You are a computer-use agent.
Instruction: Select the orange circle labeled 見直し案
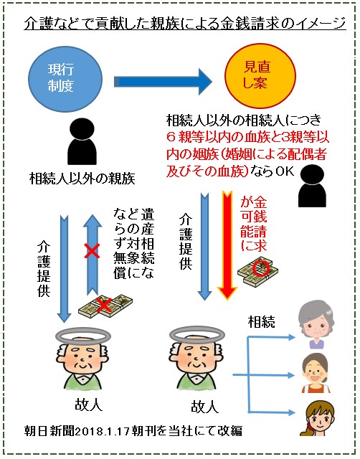pyautogui.click(x=260, y=76)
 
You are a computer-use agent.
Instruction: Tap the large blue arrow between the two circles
pyautogui.click(x=163, y=81)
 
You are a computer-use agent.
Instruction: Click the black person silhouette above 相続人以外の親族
pyautogui.click(x=82, y=141)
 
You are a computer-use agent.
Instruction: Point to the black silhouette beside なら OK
pyautogui.click(x=312, y=186)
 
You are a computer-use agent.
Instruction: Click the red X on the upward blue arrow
pyautogui.click(x=92, y=251)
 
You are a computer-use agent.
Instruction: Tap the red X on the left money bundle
pyautogui.click(x=104, y=305)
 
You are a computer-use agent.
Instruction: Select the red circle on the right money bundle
pyautogui.click(x=261, y=268)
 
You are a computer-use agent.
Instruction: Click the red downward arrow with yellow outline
pyautogui.click(x=227, y=245)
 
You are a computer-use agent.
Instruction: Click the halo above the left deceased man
pyautogui.click(x=83, y=335)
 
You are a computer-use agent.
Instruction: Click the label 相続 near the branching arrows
pyautogui.click(x=261, y=322)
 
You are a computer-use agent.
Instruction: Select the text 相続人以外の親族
pyautogui.click(x=82, y=178)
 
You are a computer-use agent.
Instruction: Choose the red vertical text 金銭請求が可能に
pyautogui.click(x=254, y=224)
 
